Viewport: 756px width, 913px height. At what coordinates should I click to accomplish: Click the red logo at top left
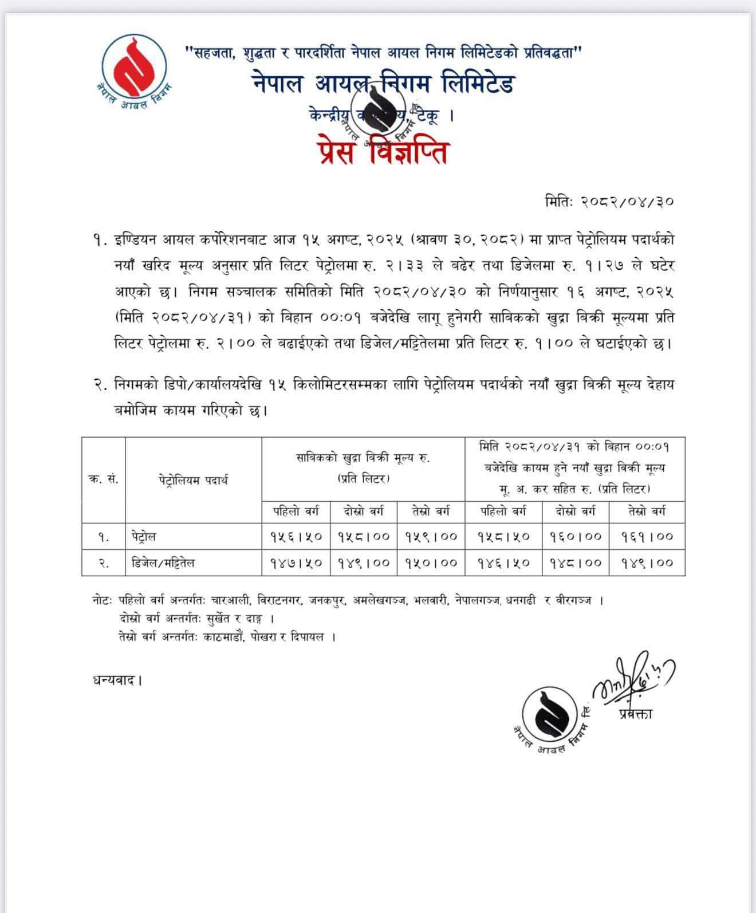[x=134, y=67]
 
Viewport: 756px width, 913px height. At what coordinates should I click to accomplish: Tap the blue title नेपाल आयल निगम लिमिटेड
[x=383, y=84]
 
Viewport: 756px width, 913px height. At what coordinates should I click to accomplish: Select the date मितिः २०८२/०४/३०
[x=609, y=202]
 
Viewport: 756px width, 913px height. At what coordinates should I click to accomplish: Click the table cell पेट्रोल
[x=143, y=537]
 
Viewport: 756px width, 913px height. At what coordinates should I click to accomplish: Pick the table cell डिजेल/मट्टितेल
[x=163, y=563]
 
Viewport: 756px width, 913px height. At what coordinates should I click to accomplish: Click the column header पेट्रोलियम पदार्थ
[x=193, y=480]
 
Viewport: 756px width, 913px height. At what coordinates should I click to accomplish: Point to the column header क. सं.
[x=104, y=480]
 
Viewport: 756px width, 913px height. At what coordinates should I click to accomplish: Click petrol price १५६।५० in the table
[x=296, y=537]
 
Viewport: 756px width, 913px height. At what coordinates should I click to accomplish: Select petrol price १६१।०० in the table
[x=647, y=537]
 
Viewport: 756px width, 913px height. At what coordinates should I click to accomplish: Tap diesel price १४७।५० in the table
[x=296, y=563]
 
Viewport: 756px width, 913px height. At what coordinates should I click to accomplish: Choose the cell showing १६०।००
[x=576, y=537]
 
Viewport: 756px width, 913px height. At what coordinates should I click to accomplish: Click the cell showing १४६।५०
[x=504, y=563]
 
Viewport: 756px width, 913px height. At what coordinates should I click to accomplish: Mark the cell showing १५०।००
[x=431, y=563]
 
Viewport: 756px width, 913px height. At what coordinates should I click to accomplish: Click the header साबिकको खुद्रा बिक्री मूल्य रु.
[x=363, y=458]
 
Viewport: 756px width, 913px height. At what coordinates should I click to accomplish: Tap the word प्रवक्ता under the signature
[x=635, y=714]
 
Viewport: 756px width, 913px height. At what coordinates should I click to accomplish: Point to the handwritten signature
[x=633, y=676]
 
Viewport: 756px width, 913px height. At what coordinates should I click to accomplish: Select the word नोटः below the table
[x=103, y=601]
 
